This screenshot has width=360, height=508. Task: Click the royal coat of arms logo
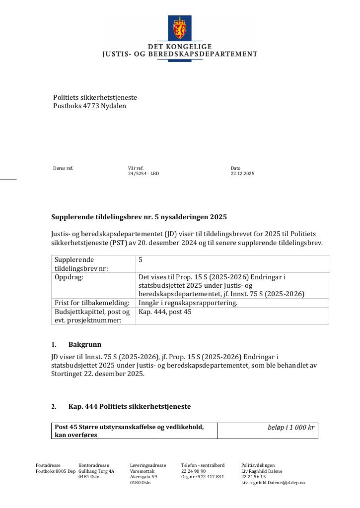(x=179, y=29)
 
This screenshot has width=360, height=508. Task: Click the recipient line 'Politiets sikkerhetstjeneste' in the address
(x=95, y=98)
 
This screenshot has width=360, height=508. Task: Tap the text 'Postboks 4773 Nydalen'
(x=89, y=106)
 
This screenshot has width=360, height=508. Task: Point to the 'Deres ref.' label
(x=63, y=168)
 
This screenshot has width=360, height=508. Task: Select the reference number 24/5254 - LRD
(x=144, y=174)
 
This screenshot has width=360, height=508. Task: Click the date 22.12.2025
(x=242, y=174)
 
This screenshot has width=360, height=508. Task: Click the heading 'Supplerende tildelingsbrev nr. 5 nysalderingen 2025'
(x=139, y=217)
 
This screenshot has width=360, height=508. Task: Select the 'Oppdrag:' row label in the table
(x=69, y=277)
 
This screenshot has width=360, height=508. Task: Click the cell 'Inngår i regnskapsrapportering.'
(x=188, y=303)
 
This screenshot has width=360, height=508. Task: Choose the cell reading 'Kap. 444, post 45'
(x=165, y=312)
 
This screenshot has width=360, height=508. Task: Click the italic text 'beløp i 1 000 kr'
(x=291, y=427)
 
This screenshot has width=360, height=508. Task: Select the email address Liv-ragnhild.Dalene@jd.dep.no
(x=273, y=483)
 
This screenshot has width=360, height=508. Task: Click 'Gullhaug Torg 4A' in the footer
(x=96, y=471)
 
